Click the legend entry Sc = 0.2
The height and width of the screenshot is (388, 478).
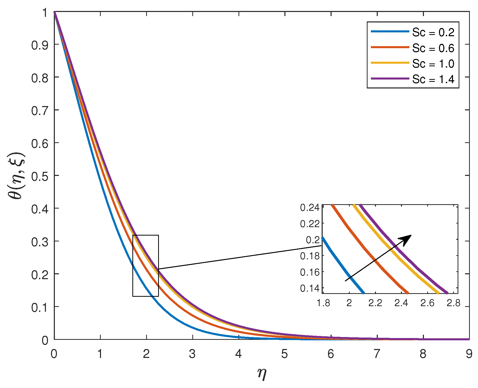pos(433,32)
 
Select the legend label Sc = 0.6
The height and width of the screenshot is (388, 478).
pos(433,48)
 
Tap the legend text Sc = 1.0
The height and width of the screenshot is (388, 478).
pos(433,64)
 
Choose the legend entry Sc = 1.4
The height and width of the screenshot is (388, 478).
pos(433,80)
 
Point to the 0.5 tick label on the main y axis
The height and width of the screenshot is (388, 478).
pos(40,176)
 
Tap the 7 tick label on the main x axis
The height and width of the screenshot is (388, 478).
pos(377,354)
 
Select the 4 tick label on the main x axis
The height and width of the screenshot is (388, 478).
pos(238,354)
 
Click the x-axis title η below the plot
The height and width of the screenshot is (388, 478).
pos(262,374)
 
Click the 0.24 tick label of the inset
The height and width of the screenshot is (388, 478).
pos(310,208)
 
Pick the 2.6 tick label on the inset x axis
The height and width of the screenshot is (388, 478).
pos(427,303)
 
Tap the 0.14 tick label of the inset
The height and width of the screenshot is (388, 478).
pos(310,288)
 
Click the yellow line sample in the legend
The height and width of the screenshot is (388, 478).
pos(390,63)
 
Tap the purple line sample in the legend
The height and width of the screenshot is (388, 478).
pos(390,79)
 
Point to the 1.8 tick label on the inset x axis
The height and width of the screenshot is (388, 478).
pos(323,303)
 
